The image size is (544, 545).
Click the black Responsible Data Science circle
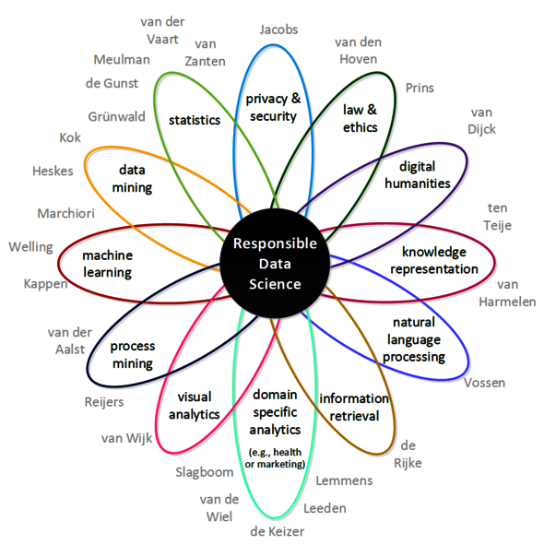click(274, 264)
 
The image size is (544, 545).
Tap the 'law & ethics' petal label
click(360, 118)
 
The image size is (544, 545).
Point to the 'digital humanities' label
click(424, 174)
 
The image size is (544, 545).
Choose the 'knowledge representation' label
click(433, 260)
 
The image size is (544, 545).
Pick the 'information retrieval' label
click(355, 407)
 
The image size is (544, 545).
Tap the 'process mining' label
click(133, 354)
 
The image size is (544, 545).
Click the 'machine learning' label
click(107, 264)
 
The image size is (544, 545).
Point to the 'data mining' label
click(135, 179)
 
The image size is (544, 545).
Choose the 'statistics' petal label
click(195, 120)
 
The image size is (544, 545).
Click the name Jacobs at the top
click(278, 29)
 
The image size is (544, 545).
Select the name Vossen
click(485, 383)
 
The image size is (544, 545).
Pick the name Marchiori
click(67, 213)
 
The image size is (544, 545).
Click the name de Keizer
click(277, 531)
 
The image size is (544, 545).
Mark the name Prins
click(420, 88)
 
